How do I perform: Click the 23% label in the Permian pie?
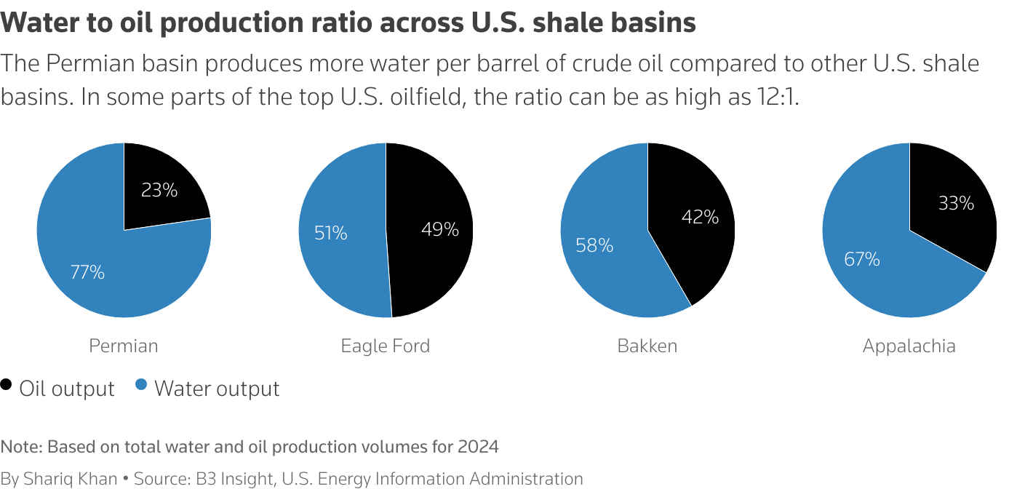(159, 191)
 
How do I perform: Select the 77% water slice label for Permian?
(87, 273)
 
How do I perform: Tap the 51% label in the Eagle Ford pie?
(330, 234)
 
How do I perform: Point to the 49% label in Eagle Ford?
(440, 230)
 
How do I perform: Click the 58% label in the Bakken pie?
(594, 246)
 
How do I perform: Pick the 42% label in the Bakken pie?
(700, 217)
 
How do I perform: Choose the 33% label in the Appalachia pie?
(956, 204)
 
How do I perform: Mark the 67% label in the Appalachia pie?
(862, 259)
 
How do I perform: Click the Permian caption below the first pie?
(123, 346)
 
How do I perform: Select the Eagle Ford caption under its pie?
(385, 346)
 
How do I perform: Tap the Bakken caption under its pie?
(647, 346)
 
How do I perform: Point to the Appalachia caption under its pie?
(909, 346)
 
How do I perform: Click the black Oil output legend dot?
(7, 385)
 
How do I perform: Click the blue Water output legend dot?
(141, 385)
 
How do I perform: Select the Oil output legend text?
(67, 389)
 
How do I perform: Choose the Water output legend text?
(217, 389)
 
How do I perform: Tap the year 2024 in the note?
(478, 447)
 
